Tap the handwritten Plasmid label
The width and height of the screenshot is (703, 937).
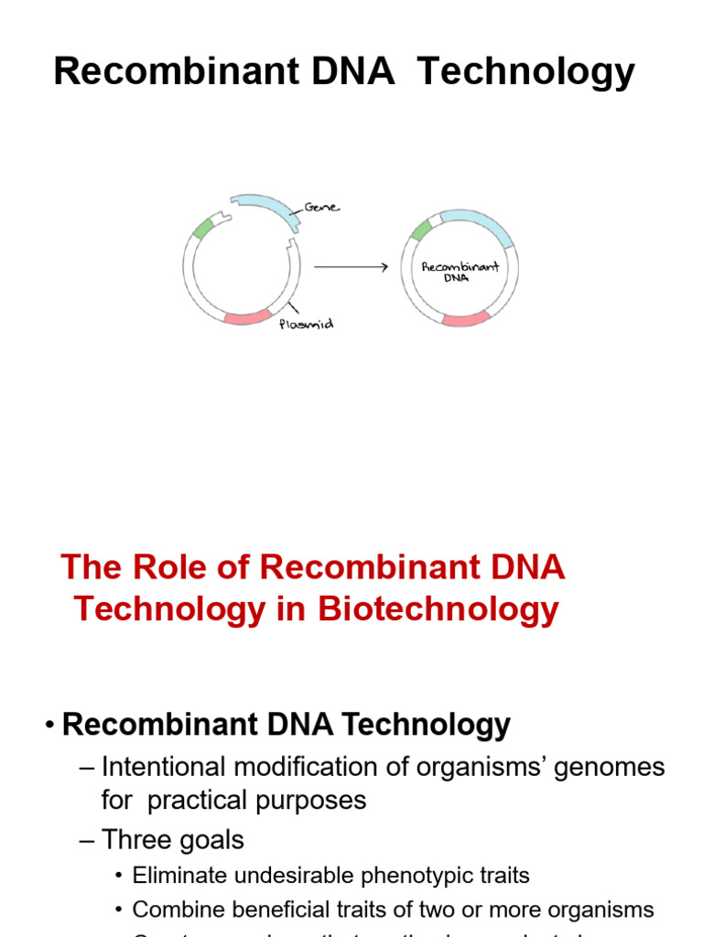pyautogui.click(x=306, y=324)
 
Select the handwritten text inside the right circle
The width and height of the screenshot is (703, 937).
pyautogui.click(x=460, y=272)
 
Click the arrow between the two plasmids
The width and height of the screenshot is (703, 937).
pyautogui.click(x=351, y=267)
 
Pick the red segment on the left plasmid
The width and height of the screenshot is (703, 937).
pyautogui.click(x=247, y=318)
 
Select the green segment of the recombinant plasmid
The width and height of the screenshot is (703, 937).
pyautogui.click(x=421, y=230)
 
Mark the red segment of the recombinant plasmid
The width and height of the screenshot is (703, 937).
pyautogui.click(x=466, y=318)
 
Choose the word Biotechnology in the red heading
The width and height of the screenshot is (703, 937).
pyautogui.click(x=438, y=609)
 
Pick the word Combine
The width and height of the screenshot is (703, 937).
pyautogui.click(x=171, y=910)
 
